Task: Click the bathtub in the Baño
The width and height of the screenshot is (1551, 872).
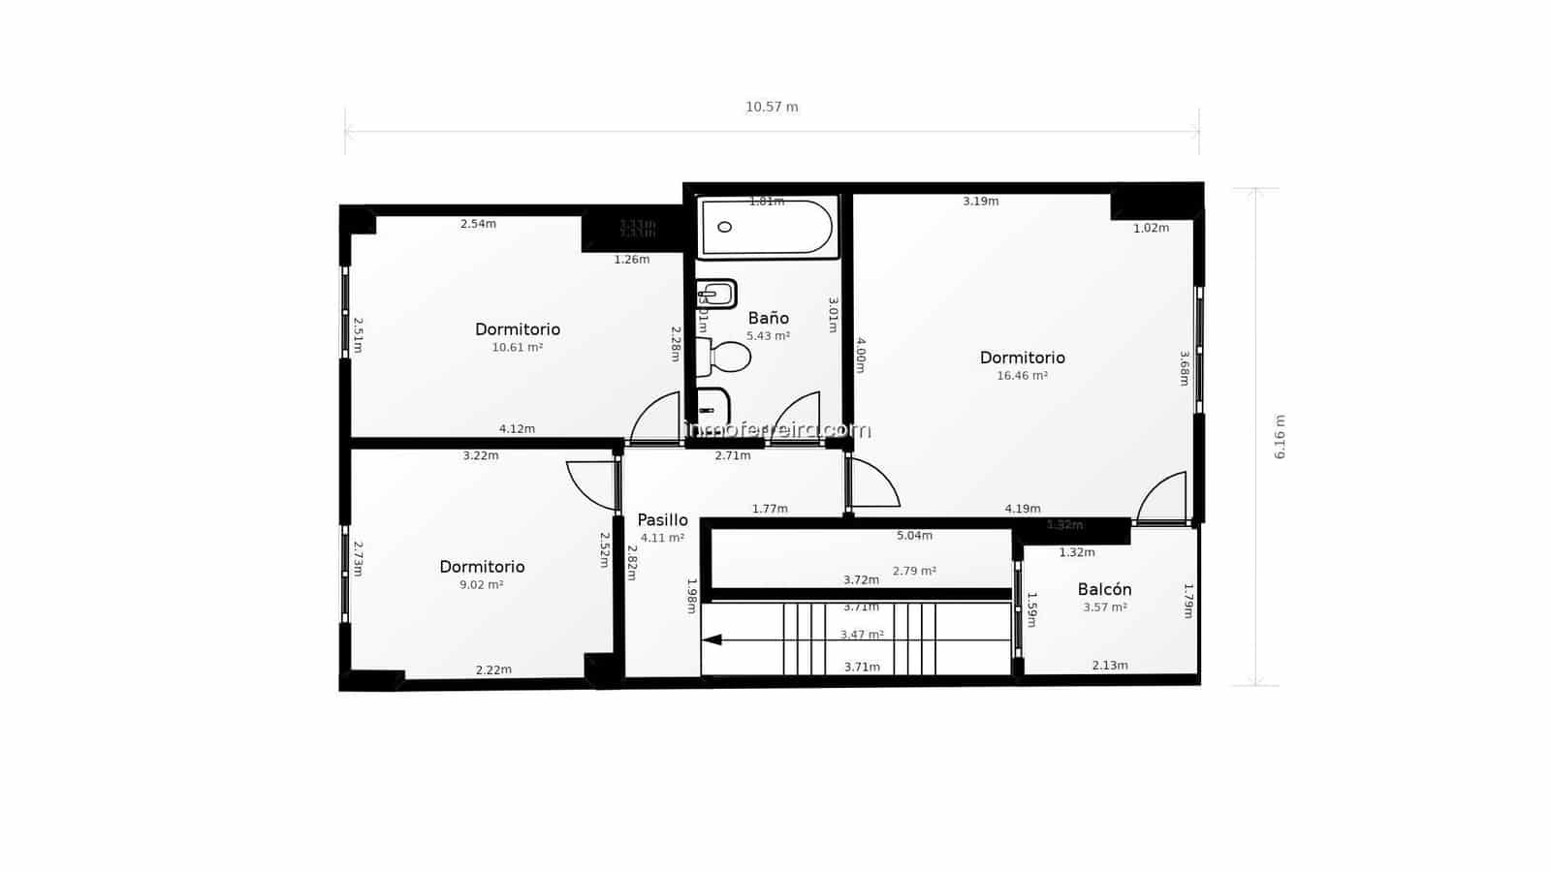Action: point(767,229)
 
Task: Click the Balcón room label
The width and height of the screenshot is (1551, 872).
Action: point(1104,589)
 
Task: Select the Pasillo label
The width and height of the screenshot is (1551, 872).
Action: point(662,520)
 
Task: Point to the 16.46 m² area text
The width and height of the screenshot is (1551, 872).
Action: point(1022,376)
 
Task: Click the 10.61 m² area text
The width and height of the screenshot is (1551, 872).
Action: point(517,347)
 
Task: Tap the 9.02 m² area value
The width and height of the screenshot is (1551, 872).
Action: point(481,584)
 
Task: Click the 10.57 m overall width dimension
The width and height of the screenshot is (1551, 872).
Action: point(772,108)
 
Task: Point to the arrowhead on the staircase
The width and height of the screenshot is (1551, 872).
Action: point(712,639)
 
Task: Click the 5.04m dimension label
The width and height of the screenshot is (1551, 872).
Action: point(914,535)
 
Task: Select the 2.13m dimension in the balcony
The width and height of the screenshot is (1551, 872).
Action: point(1110,666)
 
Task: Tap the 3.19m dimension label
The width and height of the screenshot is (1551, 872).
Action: point(980,202)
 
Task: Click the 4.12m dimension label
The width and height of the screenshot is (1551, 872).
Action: point(517,429)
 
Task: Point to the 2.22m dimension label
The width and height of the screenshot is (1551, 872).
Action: point(493,670)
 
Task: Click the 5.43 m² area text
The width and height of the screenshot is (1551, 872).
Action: point(768,336)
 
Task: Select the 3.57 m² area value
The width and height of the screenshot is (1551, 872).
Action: point(1104,607)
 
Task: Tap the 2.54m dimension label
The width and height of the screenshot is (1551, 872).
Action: point(478,224)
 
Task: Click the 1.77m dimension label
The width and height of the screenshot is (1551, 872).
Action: point(770,509)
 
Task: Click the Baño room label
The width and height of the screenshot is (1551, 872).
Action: point(768,318)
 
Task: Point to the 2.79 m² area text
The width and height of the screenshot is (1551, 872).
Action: point(914,572)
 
